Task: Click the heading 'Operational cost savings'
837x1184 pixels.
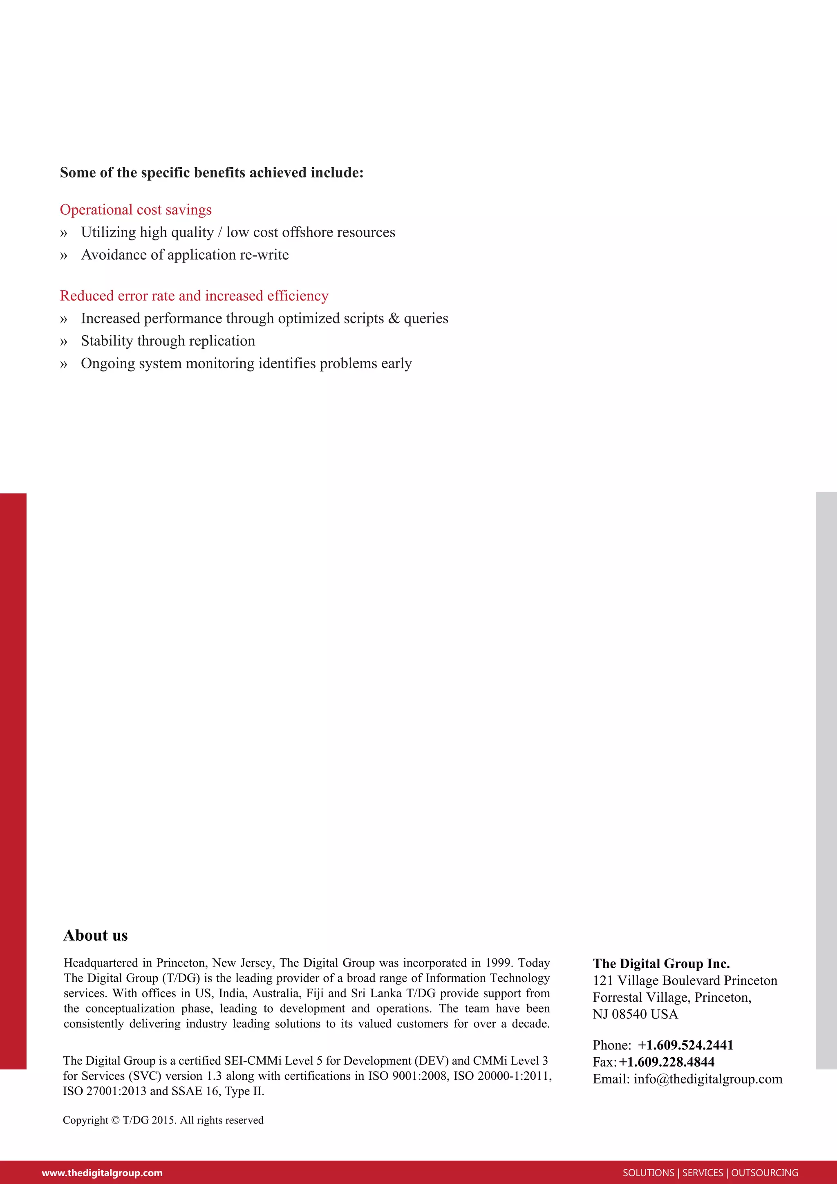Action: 136,210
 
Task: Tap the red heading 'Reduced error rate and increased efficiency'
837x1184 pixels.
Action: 194,296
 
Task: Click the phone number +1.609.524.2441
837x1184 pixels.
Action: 685,1045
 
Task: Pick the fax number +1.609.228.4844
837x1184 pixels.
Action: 667,1062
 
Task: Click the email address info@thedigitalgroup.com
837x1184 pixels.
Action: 707,1079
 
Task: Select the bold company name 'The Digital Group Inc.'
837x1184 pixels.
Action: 661,964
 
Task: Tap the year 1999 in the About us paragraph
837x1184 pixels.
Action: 499,963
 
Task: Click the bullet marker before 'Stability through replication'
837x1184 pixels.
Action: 63,342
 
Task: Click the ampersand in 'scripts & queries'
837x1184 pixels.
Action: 394,318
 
